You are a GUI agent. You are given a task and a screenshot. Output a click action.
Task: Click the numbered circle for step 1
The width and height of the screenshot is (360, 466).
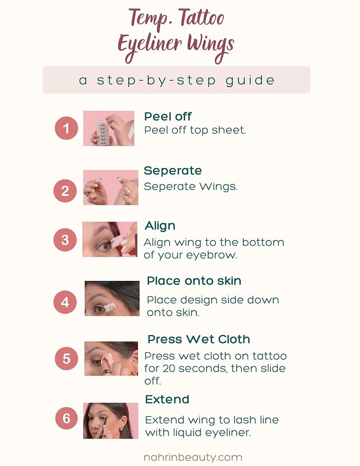pos(66,128)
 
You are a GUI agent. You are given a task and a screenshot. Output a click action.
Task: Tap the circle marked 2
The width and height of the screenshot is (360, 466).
pos(65,191)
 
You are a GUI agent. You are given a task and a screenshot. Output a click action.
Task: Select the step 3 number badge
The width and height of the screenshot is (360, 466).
pos(65,240)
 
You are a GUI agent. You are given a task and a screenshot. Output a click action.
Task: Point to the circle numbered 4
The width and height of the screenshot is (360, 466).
pos(65,302)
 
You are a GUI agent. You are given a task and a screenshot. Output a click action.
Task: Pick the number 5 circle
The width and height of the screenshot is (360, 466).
pos(66,358)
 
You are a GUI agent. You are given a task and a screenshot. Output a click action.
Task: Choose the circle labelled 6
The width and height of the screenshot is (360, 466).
pos(67,418)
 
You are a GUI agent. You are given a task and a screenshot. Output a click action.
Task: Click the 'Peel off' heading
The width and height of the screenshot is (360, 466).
pos(168,117)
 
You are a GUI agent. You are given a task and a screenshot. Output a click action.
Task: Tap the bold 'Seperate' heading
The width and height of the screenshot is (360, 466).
pos(173,171)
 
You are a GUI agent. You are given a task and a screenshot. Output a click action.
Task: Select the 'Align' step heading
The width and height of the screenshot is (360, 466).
pos(160,226)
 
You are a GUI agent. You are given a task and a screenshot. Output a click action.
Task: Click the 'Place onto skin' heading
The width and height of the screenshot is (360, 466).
pos(194,281)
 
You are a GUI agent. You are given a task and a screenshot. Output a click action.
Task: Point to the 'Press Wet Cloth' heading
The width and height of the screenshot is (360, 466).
pos(199,339)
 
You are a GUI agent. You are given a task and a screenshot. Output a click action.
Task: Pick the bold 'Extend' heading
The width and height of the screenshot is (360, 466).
pos(167,399)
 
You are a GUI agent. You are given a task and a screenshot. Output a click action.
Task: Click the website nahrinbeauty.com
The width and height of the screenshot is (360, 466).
pos(192,457)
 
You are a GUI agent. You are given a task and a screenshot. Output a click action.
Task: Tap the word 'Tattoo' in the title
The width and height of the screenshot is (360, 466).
pos(201,19)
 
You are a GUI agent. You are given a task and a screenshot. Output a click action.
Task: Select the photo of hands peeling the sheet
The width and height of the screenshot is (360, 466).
pos(109,128)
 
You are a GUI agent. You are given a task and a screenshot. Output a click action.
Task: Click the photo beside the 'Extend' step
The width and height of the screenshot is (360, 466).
pos(111,420)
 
